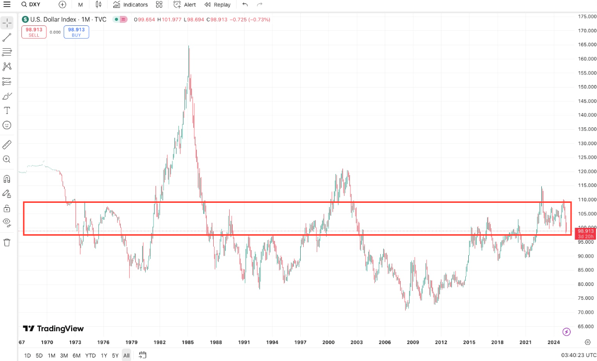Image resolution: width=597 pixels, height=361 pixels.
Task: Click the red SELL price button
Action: point(34,32)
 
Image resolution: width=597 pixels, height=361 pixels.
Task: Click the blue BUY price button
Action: point(76,32)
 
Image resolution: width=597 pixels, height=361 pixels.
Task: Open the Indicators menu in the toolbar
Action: point(130,4)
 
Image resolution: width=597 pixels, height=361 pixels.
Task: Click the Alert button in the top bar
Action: point(185,4)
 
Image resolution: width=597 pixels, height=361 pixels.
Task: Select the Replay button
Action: point(217,4)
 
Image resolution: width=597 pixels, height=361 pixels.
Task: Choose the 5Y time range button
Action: point(115,356)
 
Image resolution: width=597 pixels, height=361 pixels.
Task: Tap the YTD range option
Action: point(90,356)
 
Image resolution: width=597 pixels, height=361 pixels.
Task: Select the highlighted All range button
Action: point(127,356)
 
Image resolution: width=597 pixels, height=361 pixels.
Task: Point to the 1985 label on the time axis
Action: point(188,343)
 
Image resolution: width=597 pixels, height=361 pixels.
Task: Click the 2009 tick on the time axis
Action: point(412,343)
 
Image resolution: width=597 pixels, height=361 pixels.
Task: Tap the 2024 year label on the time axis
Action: point(554,343)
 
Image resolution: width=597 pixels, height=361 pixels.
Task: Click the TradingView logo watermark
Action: point(54,329)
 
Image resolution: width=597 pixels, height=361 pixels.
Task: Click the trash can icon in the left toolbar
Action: point(7,242)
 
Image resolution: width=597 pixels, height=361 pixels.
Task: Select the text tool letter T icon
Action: point(7,110)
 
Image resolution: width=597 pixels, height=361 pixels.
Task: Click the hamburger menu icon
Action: point(7,4)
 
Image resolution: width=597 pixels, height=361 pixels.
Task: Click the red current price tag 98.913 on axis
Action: point(586,231)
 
